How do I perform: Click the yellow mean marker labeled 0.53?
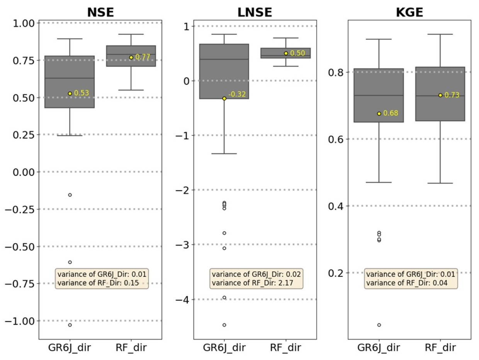tap(70, 93)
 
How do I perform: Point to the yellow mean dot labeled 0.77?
tap(131, 57)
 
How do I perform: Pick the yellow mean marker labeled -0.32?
tap(224, 98)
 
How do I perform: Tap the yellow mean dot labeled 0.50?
tap(286, 53)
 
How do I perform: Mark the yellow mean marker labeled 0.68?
tap(379, 113)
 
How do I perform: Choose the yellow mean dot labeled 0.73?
tap(440, 95)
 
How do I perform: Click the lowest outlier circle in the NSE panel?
tap(70, 325)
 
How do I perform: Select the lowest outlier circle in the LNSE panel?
tap(224, 325)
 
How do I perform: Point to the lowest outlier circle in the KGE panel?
tap(379, 325)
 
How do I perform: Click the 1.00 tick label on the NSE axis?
tap(24, 23)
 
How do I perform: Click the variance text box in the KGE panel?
tap(411, 278)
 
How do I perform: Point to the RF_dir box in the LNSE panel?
tap(286, 53)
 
